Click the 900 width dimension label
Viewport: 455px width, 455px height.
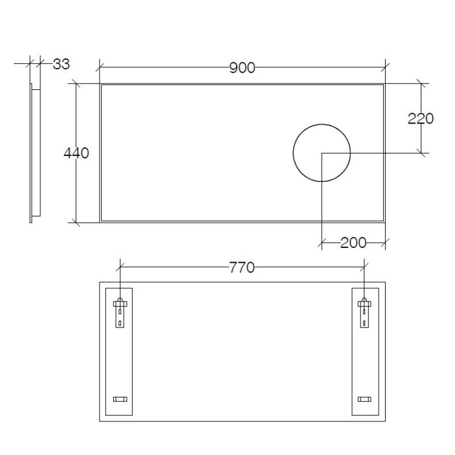coord(242,68)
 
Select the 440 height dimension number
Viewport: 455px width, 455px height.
coord(76,153)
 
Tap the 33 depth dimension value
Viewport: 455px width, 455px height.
coord(61,64)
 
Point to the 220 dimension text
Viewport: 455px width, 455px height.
coord(421,118)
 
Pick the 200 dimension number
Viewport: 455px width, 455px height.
coord(353,243)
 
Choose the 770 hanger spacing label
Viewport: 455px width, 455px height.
coord(242,267)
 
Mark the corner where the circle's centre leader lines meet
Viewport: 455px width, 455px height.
coord(322,152)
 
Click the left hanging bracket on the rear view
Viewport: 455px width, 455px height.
coord(119,312)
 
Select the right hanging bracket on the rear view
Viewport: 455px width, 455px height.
coord(364,312)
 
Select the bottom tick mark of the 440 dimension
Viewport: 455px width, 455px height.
coord(76,222)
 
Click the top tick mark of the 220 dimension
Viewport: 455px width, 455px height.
coord(421,84)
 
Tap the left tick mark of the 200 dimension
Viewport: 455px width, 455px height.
coord(322,243)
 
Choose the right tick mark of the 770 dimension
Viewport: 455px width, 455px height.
coord(364,266)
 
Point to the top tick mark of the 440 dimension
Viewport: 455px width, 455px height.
coord(76,84)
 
